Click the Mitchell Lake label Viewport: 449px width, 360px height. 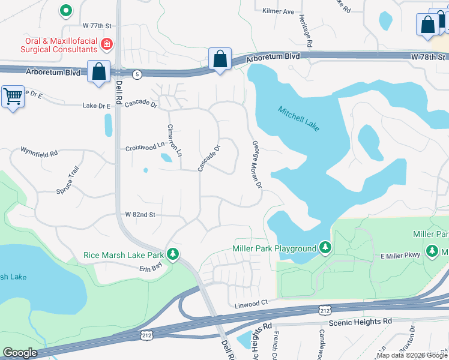point(299,119)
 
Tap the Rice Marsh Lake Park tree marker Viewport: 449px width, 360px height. point(173,254)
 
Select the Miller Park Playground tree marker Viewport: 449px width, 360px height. point(325,248)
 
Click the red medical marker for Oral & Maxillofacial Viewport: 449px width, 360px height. point(107,44)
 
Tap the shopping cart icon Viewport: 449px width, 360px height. point(13,96)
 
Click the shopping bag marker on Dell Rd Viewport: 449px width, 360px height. point(98,71)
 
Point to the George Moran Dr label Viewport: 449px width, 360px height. point(257,164)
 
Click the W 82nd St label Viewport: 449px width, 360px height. point(140,214)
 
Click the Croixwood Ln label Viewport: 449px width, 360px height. point(145,147)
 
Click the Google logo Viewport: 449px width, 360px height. point(20,353)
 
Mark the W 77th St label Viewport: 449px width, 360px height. point(98,26)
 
